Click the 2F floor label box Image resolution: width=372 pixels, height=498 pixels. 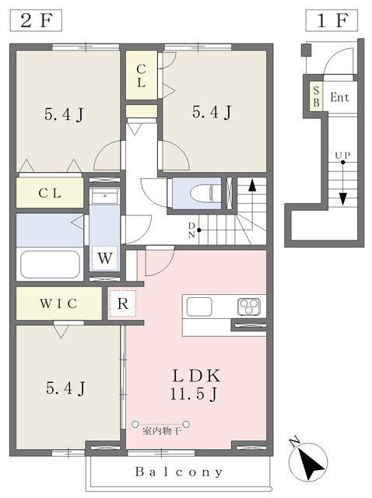(36, 21)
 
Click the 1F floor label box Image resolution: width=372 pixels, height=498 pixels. (332, 21)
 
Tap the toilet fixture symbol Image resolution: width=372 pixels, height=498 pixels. (202, 193)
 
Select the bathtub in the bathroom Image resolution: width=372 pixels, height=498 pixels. (50, 265)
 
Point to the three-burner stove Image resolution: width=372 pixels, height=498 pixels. (249, 307)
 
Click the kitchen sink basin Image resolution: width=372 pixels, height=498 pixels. (199, 307)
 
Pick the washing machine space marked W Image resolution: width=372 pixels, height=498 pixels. (105, 258)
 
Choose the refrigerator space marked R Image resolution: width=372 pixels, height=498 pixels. (122, 303)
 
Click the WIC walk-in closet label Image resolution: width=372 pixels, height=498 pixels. (58, 303)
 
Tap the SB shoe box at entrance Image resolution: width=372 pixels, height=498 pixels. (316, 96)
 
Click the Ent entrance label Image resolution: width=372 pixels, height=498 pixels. (339, 96)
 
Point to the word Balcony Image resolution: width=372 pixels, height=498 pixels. (178, 472)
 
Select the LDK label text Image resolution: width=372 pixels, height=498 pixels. (196, 376)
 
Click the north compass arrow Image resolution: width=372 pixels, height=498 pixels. (308, 461)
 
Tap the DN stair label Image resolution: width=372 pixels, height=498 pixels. (191, 230)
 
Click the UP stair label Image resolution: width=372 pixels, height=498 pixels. (342, 156)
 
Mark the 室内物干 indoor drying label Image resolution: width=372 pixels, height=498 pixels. (161, 431)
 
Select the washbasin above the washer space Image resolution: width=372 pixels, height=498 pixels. (105, 196)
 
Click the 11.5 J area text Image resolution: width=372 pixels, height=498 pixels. (194, 395)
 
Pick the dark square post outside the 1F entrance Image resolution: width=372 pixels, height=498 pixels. (307, 50)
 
